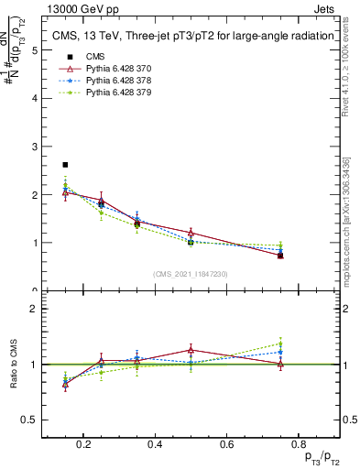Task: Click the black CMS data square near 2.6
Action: [x=65, y=165]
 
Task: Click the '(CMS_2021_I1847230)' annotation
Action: [x=191, y=274]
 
